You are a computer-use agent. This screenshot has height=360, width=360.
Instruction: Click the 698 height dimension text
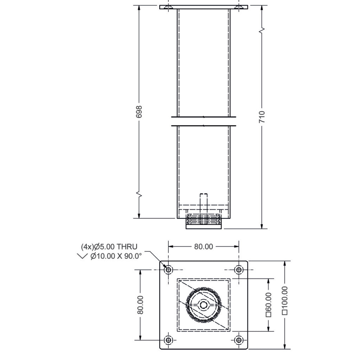click(x=139, y=111)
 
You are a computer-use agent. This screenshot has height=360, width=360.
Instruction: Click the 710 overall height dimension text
click(x=262, y=117)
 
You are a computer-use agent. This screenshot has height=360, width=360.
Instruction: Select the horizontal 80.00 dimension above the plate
click(x=204, y=246)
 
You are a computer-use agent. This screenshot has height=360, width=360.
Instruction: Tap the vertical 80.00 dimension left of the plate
click(x=140, y=305)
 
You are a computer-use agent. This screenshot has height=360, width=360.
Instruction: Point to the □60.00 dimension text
click(x=268, y=305)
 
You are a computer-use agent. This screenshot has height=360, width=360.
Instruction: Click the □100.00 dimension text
click(x=285, y=300)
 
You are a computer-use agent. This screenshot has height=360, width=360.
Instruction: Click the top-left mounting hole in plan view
click(x=168, y=270)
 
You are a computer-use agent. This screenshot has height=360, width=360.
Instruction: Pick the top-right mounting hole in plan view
click(x=239, y=270)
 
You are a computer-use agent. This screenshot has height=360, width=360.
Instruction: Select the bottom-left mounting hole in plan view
click(x=168, y=340)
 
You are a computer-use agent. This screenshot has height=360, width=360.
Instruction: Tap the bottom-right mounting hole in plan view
click(x=239, y=340)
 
